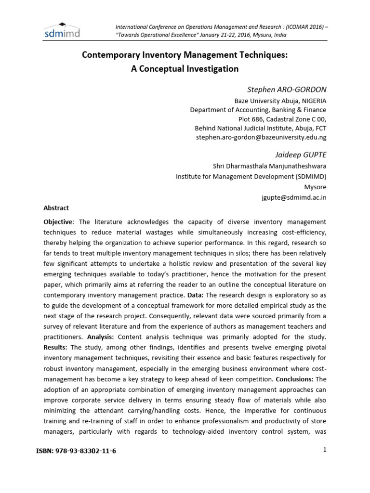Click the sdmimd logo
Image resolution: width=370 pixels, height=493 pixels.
(x=62, y=30)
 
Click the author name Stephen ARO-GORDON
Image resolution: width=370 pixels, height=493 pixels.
(x=287, y=90)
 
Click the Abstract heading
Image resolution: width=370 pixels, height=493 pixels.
(x=56, y=208)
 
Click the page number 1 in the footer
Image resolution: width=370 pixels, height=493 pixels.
(x=325, y=450)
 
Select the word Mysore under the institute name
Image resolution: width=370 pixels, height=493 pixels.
(x=315, y=187)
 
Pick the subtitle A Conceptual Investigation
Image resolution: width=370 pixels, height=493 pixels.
(x=185, y=69)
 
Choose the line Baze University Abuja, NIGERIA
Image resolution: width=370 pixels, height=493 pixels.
(x=280, y=101)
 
